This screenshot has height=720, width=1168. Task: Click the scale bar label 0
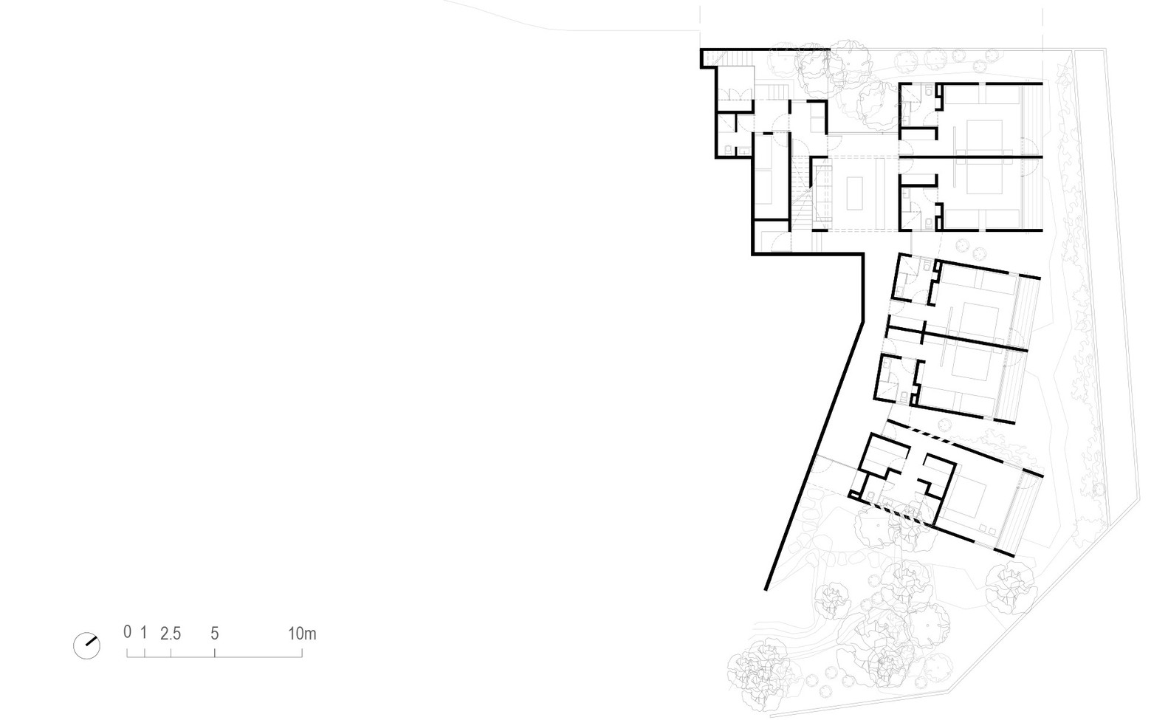[x=127, y=632]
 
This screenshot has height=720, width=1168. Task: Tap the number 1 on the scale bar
[x=144, y=632]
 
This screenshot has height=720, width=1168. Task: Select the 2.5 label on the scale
[x=171, y=634]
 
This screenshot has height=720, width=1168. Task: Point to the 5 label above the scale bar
[x=214, y=634]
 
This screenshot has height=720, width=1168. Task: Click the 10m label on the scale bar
[x=302, y=634]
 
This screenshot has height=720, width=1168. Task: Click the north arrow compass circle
[x=86, y=646]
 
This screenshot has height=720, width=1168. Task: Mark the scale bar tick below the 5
[x=214, y=653]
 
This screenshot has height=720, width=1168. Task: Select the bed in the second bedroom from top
[x=984, y=179]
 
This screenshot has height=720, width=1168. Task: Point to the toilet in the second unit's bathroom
[x=929, y=223]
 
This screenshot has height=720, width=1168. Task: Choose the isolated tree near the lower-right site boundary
[x=1010, y=586]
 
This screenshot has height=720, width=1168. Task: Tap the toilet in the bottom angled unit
[x=870, y=494]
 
